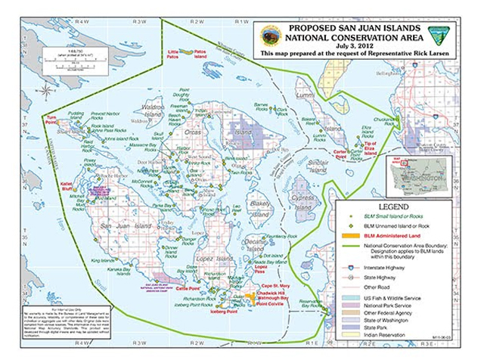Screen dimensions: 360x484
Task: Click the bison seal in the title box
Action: pos(268,34)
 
